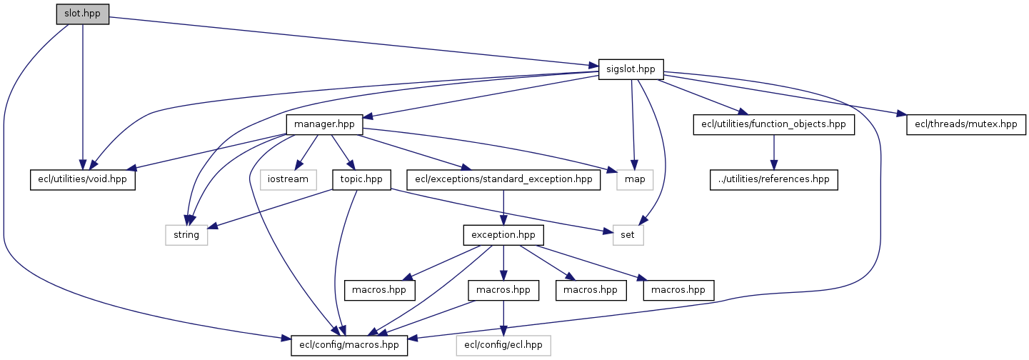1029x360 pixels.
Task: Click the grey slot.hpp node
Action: tap(82, 14)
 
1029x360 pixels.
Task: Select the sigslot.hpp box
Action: tap(631, 69)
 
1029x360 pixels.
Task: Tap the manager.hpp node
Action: tap(324, 124)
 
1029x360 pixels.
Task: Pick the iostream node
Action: tap(288, 179)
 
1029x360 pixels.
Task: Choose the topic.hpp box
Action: tap(361, 179)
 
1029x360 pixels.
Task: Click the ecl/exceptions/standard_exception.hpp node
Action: tap(503, 179)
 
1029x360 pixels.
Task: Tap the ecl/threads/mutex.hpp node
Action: tap(966, 124)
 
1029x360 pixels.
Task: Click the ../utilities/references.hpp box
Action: tap(774, 179)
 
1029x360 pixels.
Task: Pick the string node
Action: tap(186, 234)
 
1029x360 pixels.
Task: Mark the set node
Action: tap(628, 234)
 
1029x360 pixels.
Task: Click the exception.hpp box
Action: tap(503, 234)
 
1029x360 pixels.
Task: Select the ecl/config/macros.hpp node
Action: tap(350, 346)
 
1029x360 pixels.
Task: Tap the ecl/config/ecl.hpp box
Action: tap(503, 346)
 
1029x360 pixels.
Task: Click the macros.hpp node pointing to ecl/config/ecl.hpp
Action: tap(503, 290)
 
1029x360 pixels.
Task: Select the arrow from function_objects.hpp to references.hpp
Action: tap(774, 151)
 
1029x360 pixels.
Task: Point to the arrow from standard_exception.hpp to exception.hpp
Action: tap(503, 206)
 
